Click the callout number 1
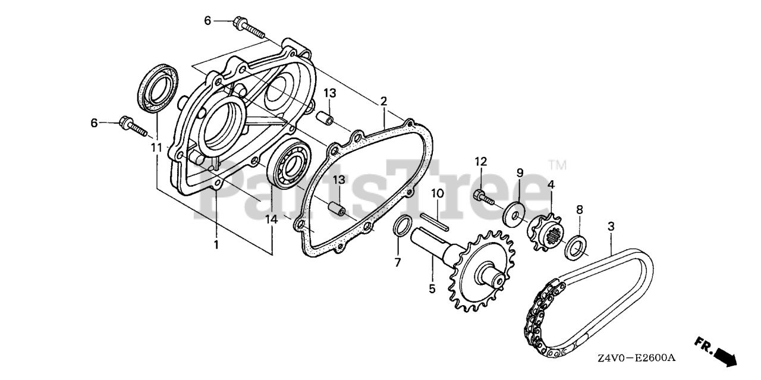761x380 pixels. pos(216,244)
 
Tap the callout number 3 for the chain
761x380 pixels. pos(611,226)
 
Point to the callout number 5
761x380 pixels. pos(432,288)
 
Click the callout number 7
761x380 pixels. pos(398,262)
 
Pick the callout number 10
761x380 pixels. pos(438,193)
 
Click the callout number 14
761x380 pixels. pos(272,219)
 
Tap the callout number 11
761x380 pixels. pos(156,147)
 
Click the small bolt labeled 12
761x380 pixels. pos(485,198)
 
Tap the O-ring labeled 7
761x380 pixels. pos(401,227)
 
